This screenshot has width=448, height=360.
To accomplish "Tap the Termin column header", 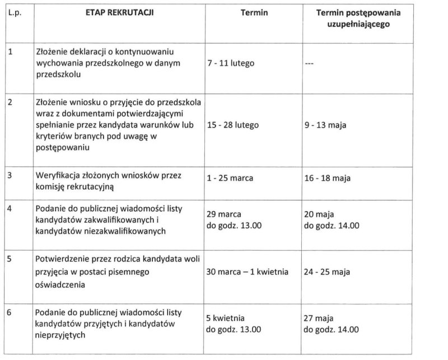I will (253, 12).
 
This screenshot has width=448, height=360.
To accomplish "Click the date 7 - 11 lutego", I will (231, 63).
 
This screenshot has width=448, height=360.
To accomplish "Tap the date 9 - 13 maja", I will (325, 125).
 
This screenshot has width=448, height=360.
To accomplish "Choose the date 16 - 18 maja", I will (328, 178).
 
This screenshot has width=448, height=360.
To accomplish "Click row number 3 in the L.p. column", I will (11, 174).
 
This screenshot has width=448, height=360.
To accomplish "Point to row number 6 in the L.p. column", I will (11, 311).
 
